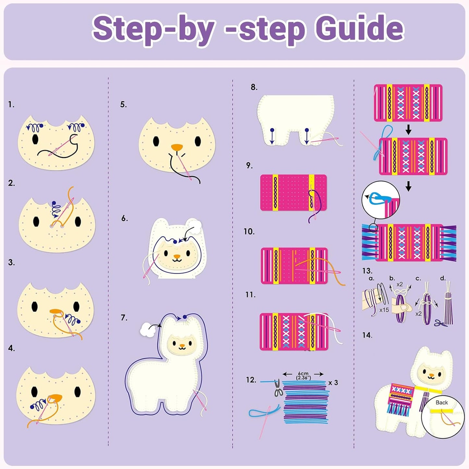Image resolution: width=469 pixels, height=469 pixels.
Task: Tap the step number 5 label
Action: click(x=123, y=105)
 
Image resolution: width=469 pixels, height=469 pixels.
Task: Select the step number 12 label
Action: click(x=251, y=380)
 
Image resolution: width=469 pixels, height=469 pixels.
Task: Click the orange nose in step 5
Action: click(x=177, y=147)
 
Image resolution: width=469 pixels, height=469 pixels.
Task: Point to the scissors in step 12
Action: click(x=278, y=389)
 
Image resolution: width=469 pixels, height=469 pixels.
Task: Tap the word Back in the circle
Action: click(x=441, y=402)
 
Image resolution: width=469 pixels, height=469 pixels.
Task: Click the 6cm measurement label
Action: click(x=303, y=374)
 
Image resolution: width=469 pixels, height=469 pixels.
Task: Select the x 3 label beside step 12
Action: click(x=333, y=383)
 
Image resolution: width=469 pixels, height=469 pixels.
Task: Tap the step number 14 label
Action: click(x=367, y=335)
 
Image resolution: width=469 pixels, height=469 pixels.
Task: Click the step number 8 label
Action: click(x=254, y=87)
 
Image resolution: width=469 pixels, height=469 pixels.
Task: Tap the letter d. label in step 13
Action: click(x=443, y=278)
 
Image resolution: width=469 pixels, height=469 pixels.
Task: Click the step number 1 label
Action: click(x=11, y=105)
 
